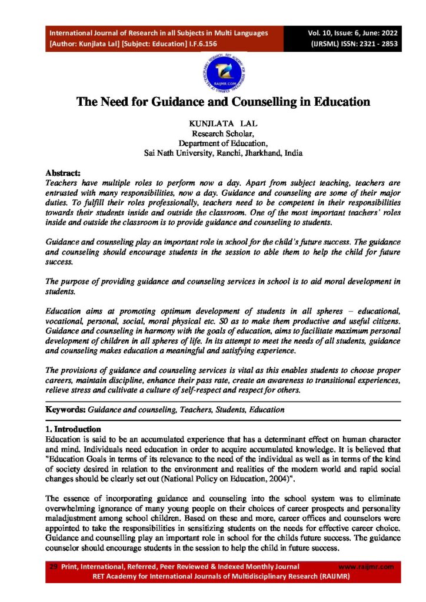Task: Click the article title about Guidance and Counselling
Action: coord(223,102)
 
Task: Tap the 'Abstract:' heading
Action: coord(63,173)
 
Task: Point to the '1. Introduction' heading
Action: coord(73,429)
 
